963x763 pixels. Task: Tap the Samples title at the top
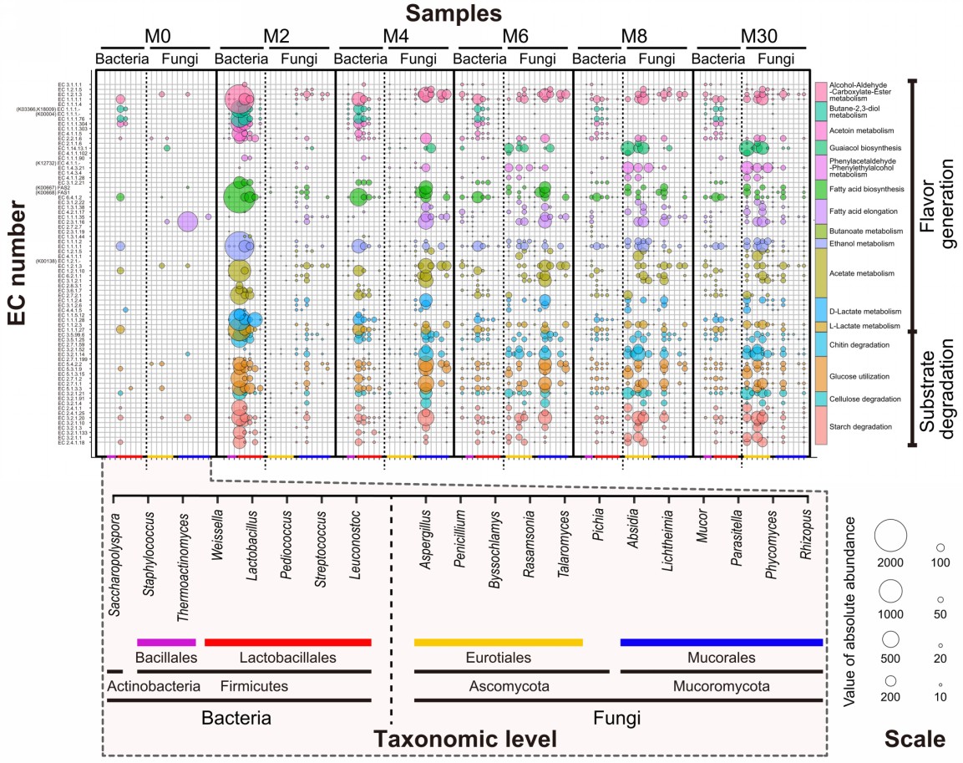[454, 13]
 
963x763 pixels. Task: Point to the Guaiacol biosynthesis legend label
[860, 147]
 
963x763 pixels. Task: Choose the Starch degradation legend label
[859, 426]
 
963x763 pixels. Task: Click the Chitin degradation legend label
[859, 343]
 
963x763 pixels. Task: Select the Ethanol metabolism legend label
[861, 243]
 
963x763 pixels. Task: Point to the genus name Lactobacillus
[251, 564]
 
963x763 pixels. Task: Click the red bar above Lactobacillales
[287, 642]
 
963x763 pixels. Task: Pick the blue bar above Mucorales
[722, 642]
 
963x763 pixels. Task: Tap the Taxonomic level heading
[464, 740]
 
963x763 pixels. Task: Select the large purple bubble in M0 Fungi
[187, 221]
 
